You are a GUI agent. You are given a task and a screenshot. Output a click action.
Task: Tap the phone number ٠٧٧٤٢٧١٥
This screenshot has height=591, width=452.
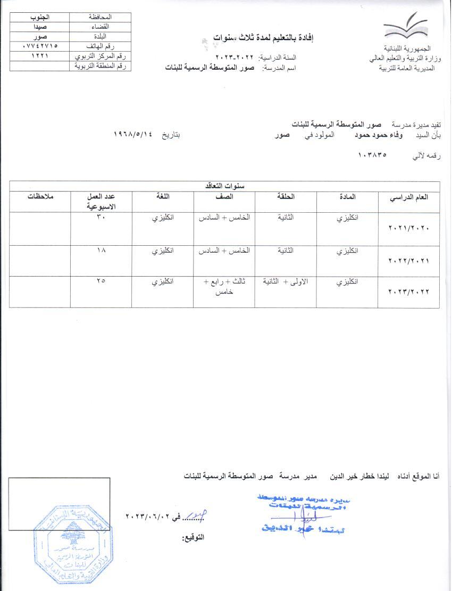click(x=44, y=47)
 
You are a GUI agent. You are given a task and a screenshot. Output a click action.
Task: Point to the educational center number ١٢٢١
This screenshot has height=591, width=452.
click(x=44, y=56)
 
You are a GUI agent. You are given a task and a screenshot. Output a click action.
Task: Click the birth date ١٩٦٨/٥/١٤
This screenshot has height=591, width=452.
click(x=133, y=135)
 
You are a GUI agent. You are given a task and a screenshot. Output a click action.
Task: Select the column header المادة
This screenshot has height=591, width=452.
click(x=347, y=197)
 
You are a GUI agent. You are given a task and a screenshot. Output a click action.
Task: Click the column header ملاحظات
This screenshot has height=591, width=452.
click(x=40, y=197)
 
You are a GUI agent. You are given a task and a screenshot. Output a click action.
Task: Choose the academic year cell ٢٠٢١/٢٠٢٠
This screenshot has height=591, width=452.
click(x=408, y=228)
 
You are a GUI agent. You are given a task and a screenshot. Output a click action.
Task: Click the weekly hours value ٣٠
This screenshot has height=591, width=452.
click(x=101, y=218)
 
